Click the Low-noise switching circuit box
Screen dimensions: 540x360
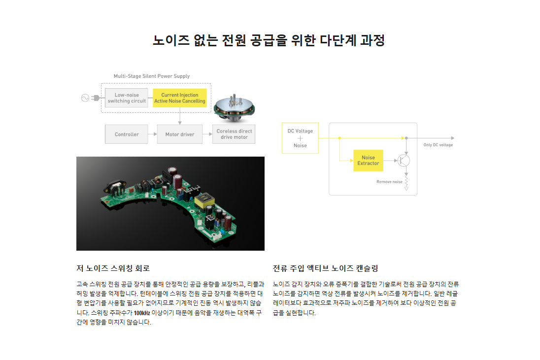(x=127, y=98)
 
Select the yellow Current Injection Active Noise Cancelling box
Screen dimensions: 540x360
(x=180, y=98)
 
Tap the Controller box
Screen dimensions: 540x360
(x=127, y=134)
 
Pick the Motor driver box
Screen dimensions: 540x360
(x=180, y=134)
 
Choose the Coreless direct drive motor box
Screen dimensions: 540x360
(x=234, y=134)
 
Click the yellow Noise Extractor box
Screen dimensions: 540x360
(x=368, y=161)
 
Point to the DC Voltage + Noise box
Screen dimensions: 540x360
(x=301, y=138)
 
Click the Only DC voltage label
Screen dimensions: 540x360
(x=438, y=145)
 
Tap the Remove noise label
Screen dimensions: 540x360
(x=389, y=182)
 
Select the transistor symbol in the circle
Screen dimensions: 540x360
(x=404, y=161)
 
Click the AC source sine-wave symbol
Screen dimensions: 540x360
(x=85, y=98)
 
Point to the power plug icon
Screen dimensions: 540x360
(x=96, y=98)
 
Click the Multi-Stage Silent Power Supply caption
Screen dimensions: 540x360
(x=152, y=76)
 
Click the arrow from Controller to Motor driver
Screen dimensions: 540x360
(x=153, y=134)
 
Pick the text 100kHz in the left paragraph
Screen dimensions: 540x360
(x=142, y=313)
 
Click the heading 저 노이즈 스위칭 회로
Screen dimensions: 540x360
(x=113, y=268)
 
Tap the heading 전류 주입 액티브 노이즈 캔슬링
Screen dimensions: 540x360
(x=326, y=268)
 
